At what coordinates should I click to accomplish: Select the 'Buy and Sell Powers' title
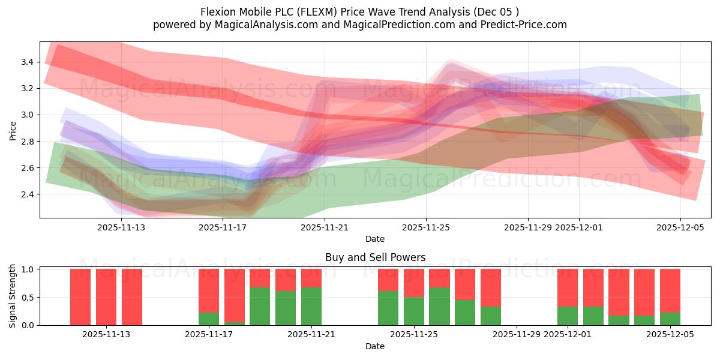(375, 257)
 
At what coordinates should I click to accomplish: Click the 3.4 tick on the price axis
(26, 62)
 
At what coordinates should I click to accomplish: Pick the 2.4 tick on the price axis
(26, 194)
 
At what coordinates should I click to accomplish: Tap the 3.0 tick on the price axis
(26, 115)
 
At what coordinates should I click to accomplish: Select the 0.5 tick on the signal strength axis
(28, 297)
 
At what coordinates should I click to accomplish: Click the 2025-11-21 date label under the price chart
(325, 227)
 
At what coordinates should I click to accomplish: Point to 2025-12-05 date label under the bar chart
(670, 335)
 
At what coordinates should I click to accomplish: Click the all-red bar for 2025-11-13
(106, 297)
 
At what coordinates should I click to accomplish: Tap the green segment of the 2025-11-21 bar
(311, 306)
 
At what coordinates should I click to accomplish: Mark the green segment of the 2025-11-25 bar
(414, 311)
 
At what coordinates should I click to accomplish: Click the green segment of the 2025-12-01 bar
(568, 316)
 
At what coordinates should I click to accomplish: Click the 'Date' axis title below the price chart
(375, 239)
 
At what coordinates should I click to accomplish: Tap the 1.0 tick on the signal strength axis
(28, 269)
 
